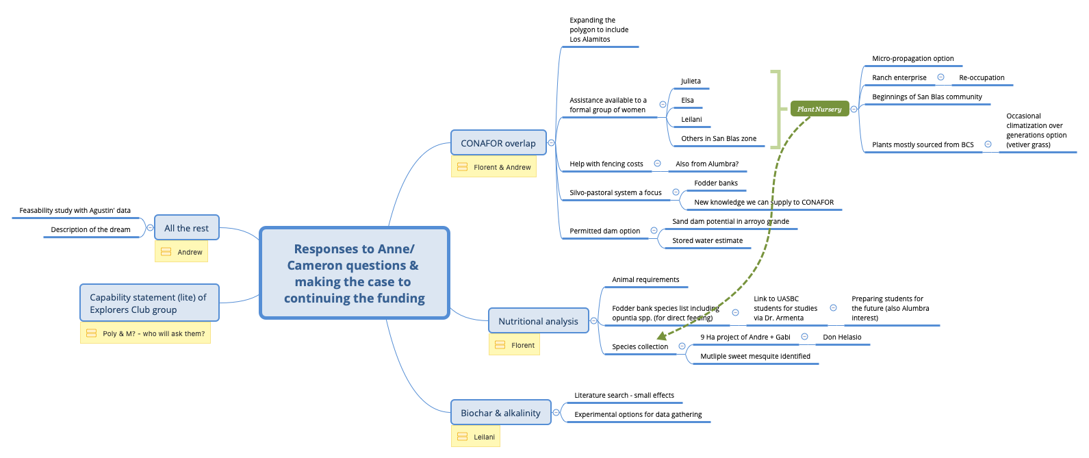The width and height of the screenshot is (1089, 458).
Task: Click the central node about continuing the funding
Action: pyautogui.click(x=354, y=273)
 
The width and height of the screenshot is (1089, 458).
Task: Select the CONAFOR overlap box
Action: pyautogui.click(x=498, y=143)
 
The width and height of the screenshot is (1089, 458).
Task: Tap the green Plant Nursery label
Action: pyautogui.click(x=819, y=109)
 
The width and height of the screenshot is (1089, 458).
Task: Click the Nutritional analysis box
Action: pyautogui.click(x=538, y=321)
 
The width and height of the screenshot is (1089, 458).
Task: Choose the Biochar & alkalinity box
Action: pyautogui.click(x=500, y=413)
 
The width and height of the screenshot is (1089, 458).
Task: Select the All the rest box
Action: pyautogui.click(x=186, y=228)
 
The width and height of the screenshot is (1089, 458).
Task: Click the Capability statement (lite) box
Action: pyautogui.click(x=149, y=303)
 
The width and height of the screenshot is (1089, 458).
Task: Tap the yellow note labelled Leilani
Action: pyautogui.click(x=476, y=437)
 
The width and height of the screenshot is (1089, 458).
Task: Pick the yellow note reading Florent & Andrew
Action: pyautogui.click(x=494, y=167)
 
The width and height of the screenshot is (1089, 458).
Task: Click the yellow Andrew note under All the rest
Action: pyautogui.click(x=181, y=252)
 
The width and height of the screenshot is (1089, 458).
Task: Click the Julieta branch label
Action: pyautogui.click(x=691, y=81)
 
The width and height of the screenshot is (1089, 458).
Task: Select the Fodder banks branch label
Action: pyautogui.click(x=716, y=183)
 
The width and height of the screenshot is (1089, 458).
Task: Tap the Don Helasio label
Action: pyautogui.click(x=842, y=337)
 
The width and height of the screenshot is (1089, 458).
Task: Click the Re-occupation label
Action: pyautogui.click(x=982, y=77)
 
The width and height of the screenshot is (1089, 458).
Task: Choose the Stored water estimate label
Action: pyautogui.click(x=707, y=240)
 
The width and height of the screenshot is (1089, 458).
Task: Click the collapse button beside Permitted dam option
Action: pyautogui.click(x=654, y=231)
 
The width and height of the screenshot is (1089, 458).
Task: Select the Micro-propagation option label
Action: pyautogui.click(x=912, y=58)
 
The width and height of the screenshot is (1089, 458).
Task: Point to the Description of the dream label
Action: pyautogui.click(x=90, y=229)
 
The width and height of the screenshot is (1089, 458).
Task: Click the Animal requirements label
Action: pyautogui.click(x=645, y=279)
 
